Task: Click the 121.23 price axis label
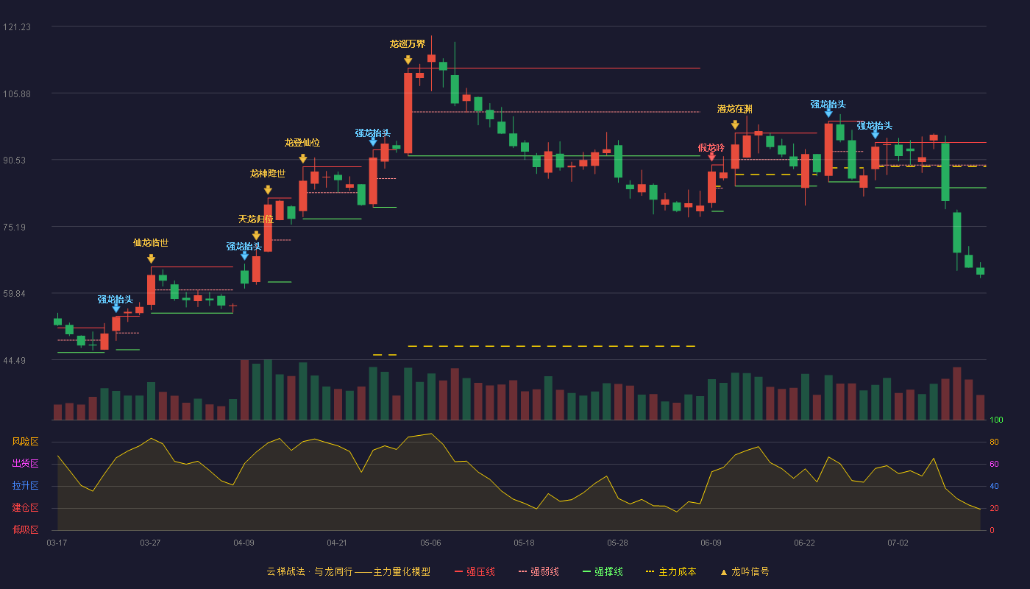tap(17, 27)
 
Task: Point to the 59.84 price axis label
tap(14, 294)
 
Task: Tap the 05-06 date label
tap(430, 543)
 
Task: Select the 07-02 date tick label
tap(898, 543)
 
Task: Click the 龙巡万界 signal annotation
tap(408, 44)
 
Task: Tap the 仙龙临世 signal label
tap(151, 243)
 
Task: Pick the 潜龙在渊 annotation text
tap(735, 109)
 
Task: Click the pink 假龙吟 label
tap(711, 148)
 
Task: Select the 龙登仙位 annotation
tap(302, 143)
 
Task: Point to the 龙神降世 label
tap(268, 174)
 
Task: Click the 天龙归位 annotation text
tap(256, 219)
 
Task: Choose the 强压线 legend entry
tap(475, 571)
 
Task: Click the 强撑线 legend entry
tap(603, 571)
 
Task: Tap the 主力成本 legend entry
tap(671, 571)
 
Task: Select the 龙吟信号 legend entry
tap(745, 571)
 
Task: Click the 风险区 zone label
tap(25, 442)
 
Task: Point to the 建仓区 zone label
tap(25, 507)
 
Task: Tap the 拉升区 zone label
tap(25, 485)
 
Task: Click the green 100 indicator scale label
tap(996, 420)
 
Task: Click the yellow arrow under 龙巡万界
tap(408, 60)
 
